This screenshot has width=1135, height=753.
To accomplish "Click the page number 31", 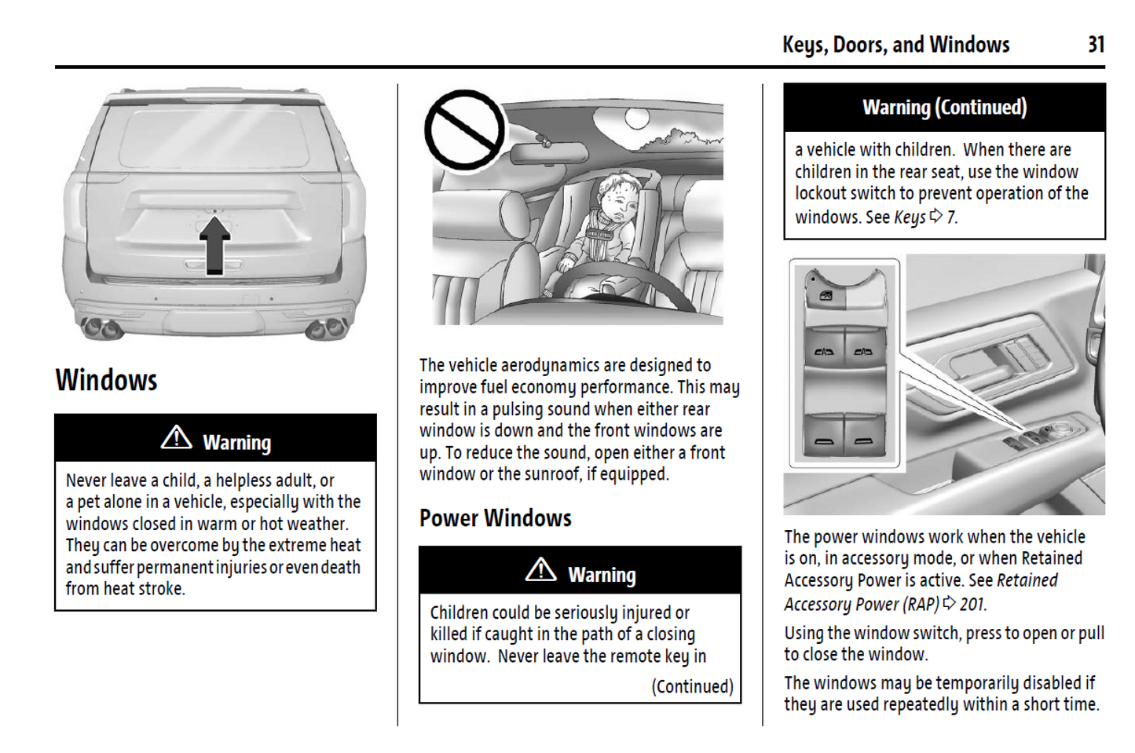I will [x=1096, y=45].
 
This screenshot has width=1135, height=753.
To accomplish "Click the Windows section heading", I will [x=106, y=381].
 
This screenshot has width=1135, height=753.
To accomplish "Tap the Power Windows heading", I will [x=495, y=518].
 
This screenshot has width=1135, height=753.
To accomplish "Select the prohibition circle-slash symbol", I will [x=464, y=130].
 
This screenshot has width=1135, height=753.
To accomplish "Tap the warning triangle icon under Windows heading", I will [x=176, y=437].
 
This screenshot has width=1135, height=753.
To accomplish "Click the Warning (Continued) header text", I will [x=944, y=107].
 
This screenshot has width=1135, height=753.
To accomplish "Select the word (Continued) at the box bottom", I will [x=692, y=686].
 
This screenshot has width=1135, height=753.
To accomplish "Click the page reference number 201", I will [x=972, y=604].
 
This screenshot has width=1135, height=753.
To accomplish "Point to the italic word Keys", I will [x=910, y=217].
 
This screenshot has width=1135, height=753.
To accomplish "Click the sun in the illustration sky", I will [x=637, y=119].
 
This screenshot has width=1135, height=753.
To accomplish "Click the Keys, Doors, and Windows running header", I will [x=895, y=45].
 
